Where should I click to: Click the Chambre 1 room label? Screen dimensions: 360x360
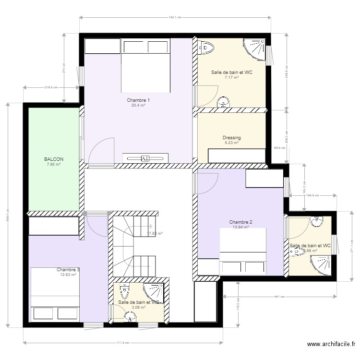pos(138,100)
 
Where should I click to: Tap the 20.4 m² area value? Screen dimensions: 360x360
pos(138,105)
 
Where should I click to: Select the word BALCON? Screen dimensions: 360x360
pos(54,159)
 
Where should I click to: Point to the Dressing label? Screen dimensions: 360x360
pos(231,138)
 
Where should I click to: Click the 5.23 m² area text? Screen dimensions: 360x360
pos(231,143)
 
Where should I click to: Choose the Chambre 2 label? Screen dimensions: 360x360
pos(240,222)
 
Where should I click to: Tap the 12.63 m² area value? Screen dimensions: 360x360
pos(68,275)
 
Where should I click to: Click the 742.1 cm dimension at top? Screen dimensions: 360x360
pos(175,17)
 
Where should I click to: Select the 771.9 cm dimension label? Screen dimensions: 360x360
pos(123,343)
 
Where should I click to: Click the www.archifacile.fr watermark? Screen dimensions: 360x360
pos(331,344)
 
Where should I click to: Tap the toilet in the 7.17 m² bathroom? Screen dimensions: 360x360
pos(206,48)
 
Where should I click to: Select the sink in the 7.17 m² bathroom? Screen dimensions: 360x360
pos(223,102)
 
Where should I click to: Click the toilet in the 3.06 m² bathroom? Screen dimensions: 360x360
pos(124,290)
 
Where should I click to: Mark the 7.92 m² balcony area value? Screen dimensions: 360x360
pos(54,164)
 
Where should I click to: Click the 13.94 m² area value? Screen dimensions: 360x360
pos(240,227)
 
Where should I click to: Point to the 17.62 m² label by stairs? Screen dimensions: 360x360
pos(155,234)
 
